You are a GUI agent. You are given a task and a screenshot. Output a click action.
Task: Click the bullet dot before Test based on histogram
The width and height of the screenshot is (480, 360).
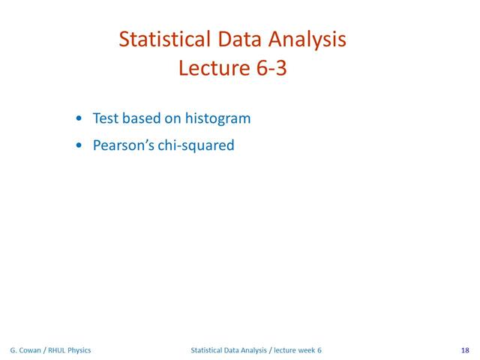coord(80,119)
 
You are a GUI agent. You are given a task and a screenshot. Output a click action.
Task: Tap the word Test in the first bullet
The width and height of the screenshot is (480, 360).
coord(105,118)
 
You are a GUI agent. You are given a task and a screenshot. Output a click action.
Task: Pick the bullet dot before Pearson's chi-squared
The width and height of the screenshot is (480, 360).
coord(80,146)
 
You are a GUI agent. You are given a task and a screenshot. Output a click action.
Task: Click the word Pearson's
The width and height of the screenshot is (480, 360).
coord(124,145)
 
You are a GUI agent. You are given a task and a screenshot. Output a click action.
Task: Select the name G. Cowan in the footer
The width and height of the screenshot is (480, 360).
coord(25,350)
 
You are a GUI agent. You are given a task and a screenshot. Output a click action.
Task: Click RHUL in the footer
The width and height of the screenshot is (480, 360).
coord(58,350)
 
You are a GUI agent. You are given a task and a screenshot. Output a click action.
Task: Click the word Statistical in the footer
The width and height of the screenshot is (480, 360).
coord(208,350)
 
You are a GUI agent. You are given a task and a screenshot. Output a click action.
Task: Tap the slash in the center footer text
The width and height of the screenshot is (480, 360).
coord(271,350)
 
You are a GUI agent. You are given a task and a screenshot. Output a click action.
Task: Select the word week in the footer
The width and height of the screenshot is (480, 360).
coord(307,350)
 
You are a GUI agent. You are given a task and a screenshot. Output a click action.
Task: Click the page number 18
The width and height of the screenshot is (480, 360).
coord(465,350)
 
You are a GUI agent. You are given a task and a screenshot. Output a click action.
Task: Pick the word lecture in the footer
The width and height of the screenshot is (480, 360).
coord(286,350)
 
